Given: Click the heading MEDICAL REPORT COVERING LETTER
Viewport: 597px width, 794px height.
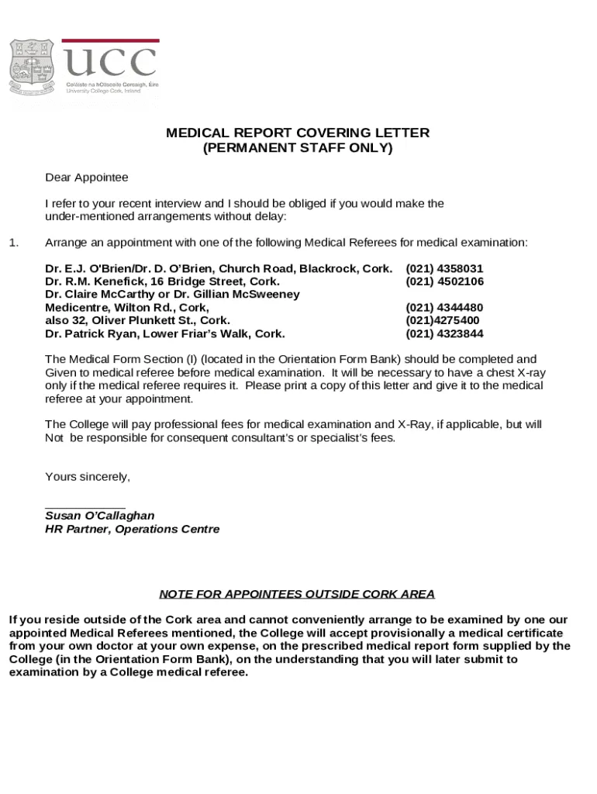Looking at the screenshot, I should [x=298, y=133].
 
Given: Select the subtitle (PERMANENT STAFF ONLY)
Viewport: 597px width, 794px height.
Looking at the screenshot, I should [x=298, y=148].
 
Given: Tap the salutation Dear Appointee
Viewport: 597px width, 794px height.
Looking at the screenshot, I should [x=87, y=178].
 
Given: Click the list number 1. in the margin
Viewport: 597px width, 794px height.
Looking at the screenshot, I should [x=13, y=243].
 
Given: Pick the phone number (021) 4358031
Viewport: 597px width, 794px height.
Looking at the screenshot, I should [x=444, y=268].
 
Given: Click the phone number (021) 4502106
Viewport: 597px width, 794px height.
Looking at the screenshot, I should [x=444, y=281].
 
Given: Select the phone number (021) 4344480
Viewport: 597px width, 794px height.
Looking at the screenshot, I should [x=444, y=308].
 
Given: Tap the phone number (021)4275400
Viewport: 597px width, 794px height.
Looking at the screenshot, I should [x=442, y=321].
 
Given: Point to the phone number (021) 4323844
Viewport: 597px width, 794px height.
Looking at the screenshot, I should [x=444, y=334].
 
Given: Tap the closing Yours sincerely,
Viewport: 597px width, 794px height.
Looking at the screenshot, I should [x=88, y=477].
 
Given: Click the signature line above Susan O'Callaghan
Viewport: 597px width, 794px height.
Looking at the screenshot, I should [x=85, y=506].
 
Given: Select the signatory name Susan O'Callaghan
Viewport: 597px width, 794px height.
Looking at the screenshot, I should [x=99, y=516].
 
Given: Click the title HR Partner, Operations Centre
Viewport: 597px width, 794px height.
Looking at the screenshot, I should [x=132, y=530].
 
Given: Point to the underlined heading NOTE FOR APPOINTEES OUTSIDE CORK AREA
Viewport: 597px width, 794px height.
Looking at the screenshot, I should [x=297, y=595].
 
